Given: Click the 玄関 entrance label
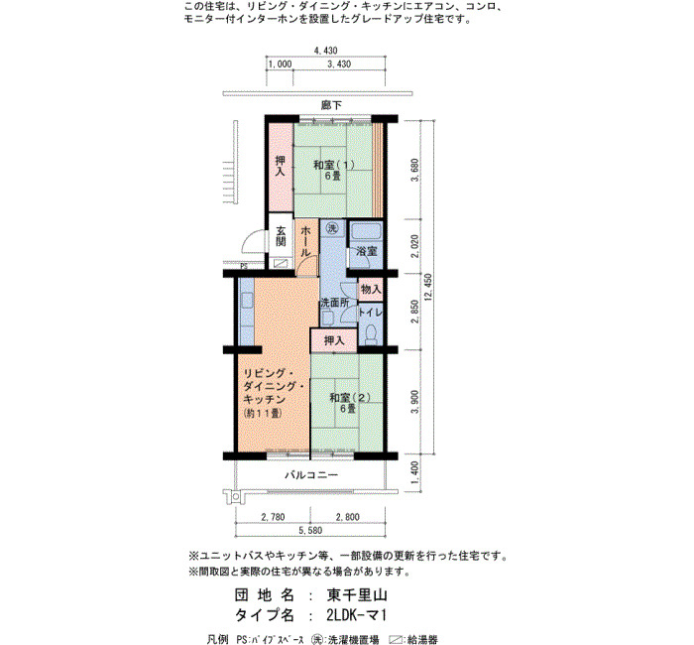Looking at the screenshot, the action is tap(281, 236).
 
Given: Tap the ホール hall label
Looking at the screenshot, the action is tap(305, 241).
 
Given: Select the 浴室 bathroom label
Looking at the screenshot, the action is tap(367, 251).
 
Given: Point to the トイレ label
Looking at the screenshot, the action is tap(370, 312).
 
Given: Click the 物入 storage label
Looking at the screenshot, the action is tap(371, 290).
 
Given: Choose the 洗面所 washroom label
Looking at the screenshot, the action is tap(334, 303).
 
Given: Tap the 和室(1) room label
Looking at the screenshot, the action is tap(334, 165).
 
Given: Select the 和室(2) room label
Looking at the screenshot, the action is tap(350, 397).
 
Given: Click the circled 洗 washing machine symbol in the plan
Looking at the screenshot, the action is tap(332, 228).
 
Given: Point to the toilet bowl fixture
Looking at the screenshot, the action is tap(371, 333).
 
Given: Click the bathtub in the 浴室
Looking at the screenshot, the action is tap(366, 232).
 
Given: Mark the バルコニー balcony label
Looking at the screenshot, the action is tap(311, 475).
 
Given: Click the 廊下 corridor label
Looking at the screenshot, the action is tap(331, 105).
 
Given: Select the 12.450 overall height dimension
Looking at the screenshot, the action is tap(428, 287).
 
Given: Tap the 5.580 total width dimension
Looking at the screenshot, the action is tap(310, 530).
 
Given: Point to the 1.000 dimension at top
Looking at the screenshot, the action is tap(281, 64).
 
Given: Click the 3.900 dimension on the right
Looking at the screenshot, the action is tap(414, 402).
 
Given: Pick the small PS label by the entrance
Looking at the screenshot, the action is tap(244, 267).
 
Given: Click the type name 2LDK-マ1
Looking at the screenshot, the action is tap(357, 615).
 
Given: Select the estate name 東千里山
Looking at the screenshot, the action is tap(357, 594).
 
